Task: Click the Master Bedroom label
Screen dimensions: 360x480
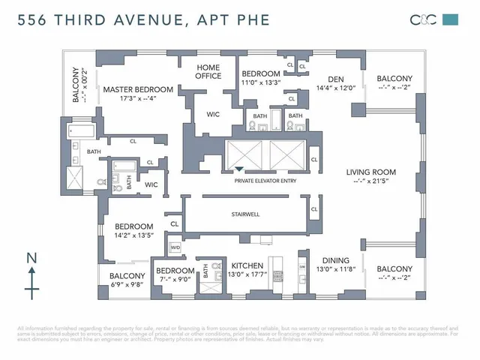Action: click(x=138, y=89)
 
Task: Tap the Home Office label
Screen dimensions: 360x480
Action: click(x=208, y=71)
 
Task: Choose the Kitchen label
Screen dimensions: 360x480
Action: click(x=246, y=266)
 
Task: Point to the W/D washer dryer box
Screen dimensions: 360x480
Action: click(x=175, y=247)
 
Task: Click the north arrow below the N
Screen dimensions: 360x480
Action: click(x=31, y=283)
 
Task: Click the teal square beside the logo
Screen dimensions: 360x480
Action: click(x=450, y=20)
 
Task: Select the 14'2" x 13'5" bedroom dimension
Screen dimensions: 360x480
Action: click(x=133, y=235)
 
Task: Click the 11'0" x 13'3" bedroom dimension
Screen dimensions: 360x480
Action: click(x=261, y=82)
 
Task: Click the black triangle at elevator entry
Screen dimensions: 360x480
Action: click(x=240, y=169)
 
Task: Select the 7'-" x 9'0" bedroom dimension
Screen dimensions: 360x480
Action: click(x=175, y=280)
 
